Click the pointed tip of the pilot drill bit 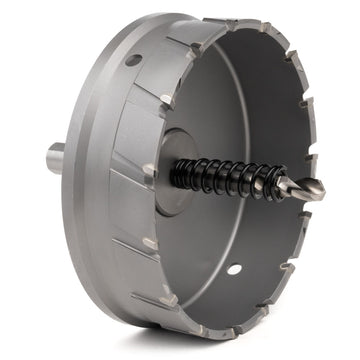(x=323, y=187)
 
